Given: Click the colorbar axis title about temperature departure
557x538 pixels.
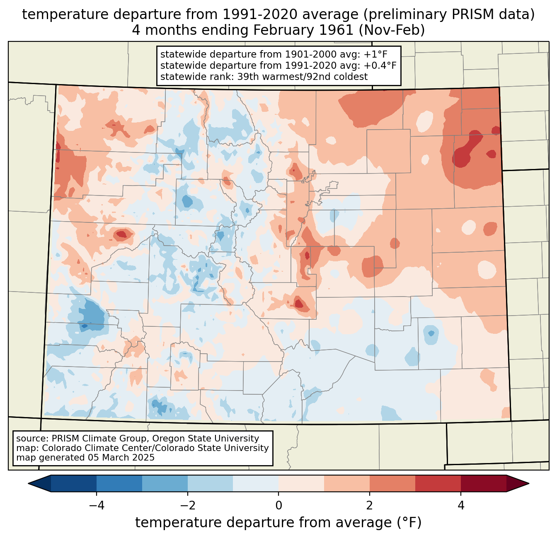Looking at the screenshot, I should [278, 523].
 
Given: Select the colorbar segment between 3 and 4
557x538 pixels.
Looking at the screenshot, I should [438, 483].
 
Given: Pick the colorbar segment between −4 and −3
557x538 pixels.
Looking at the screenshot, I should [119, 483].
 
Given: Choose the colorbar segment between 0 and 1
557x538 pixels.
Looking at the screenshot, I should [301, 483].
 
